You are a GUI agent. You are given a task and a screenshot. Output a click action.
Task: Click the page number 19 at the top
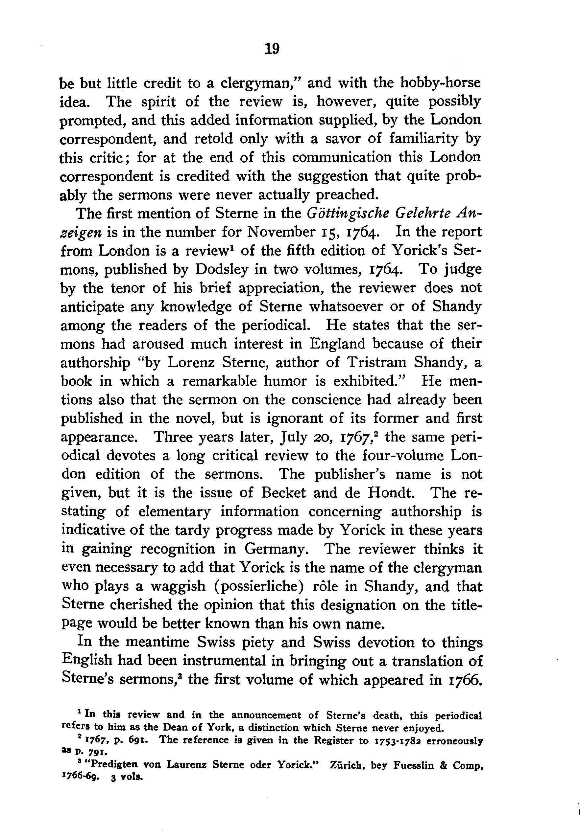tap(272, 48)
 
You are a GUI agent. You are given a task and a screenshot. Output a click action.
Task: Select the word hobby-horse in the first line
tap(441, 82)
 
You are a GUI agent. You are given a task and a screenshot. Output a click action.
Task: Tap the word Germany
tap(276, 549)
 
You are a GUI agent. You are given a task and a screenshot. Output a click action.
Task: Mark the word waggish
tap(179, 586)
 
